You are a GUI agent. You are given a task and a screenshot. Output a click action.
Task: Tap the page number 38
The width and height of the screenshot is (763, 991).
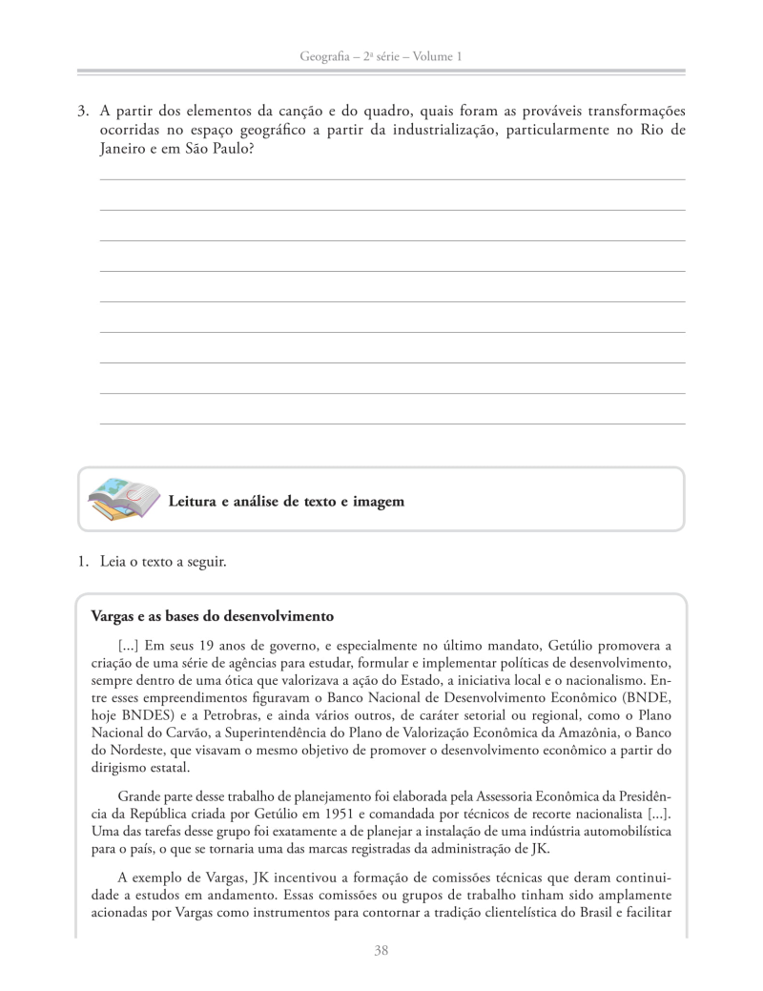click(x=381, y=950)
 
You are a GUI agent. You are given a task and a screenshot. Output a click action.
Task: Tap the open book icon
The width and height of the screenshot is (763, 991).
click(x=122, y=500)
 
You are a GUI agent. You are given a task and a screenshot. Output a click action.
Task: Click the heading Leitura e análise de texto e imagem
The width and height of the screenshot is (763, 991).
click(x=286, y=501)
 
